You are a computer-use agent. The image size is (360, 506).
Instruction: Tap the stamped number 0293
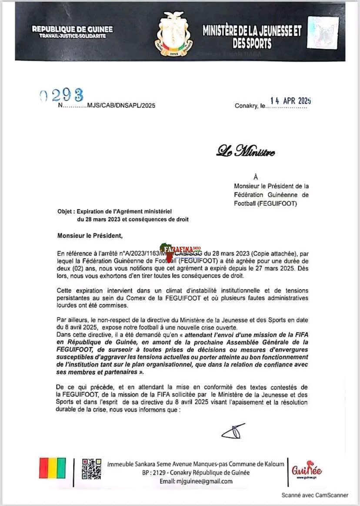[61, 94]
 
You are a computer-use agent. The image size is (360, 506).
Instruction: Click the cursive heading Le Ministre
[246, 152]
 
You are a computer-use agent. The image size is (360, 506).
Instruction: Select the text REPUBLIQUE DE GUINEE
[72, 29]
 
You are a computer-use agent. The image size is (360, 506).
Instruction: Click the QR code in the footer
[91, 468]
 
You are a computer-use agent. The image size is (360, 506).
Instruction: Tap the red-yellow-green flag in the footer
[53, 468]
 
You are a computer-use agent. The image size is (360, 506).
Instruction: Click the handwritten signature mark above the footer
[233, 431]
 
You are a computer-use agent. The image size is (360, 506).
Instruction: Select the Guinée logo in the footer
[307, 470]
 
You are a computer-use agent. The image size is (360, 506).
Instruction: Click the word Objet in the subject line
[65, 211]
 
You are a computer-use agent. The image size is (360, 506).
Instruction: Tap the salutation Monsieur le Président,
[90, 236]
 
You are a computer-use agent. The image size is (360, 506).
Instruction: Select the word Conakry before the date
[246, 106]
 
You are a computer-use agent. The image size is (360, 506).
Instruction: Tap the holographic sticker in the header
[323, 33]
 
